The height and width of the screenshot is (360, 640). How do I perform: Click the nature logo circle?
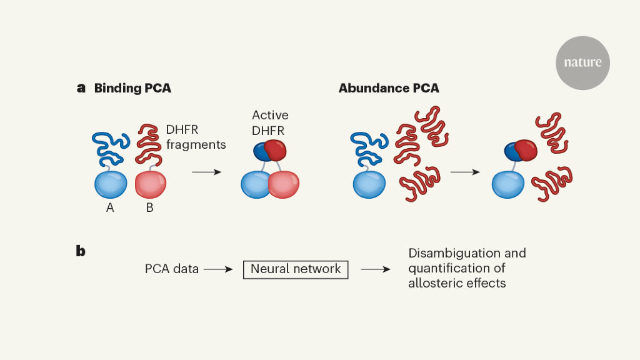point(582,62)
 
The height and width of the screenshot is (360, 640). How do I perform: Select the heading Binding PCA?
point(132,88)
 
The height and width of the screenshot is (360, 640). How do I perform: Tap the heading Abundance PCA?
point(389,88)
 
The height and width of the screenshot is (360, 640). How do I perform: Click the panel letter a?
point(81,88)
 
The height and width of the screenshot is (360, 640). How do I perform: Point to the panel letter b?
point(81,251)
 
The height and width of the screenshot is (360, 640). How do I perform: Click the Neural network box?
point(296,269)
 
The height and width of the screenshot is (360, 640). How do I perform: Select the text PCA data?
point(172,269)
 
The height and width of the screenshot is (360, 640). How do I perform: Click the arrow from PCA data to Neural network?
point(218,269)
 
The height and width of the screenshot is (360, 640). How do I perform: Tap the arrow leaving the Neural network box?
point(376,269)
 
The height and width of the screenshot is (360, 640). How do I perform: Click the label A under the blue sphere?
point(110,208)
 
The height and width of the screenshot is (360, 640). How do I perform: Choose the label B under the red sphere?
point(149,208)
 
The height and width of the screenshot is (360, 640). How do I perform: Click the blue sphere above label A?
point(111,184)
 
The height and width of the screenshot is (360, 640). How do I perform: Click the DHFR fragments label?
point(196,137)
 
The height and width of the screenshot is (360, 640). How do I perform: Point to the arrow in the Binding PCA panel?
point(206,171)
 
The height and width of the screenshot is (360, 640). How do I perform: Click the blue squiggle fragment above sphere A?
point(111,147)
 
